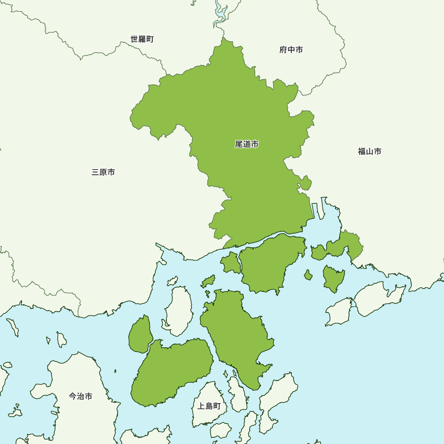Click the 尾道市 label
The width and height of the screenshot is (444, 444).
(247, 144)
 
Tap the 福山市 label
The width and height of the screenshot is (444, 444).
(369, 151)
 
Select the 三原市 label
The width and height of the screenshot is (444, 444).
(103, 172)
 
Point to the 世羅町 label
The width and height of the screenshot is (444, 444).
(142, 39)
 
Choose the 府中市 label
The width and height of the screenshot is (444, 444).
(291, 50)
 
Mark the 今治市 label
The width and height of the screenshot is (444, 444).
(81, 396)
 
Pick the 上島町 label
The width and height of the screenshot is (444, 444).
(209, 406)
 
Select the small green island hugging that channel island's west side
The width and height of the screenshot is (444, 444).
(230, 263)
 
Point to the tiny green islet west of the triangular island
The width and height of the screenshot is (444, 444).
(308, 275)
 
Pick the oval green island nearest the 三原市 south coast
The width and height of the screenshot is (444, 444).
(140, 334)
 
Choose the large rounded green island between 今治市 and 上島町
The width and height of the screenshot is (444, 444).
(171, 373)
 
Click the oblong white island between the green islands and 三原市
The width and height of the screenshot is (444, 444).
(179, 311)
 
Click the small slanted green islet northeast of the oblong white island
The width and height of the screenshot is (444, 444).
(208, 281)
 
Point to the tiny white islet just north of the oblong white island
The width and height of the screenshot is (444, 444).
(172, 281)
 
